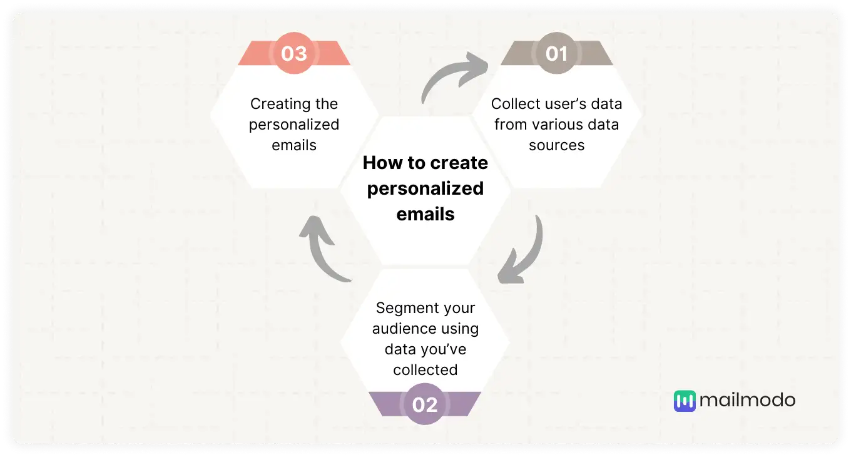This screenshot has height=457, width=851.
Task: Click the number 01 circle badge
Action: pos(556,54)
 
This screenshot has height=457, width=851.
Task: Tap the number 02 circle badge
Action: pos(425,404)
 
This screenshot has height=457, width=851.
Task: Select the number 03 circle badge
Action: pos(294,54)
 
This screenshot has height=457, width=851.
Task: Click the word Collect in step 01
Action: pos(514,103)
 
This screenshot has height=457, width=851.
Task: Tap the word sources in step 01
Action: pos(556,145)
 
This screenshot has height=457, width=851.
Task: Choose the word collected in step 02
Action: pos(425,370)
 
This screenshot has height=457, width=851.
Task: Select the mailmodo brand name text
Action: pos(747,401)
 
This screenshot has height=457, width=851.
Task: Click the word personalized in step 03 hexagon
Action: pos(294,124)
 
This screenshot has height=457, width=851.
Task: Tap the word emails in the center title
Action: pos(425,214)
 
